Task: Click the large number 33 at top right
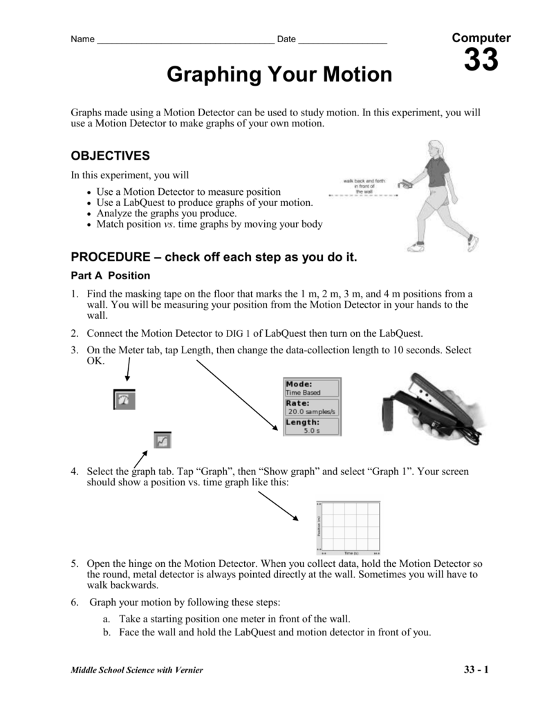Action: (481, 61)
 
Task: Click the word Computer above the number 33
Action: (481, 38)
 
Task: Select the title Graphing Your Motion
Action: (279, 75)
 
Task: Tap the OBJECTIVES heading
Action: (111, 156)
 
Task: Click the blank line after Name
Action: (185, 40)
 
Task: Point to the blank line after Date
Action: (342, 40)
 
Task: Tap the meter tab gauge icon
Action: (124, 400)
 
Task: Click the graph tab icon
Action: (163, 440)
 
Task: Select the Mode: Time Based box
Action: (312, 388)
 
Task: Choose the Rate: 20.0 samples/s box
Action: (312, 407)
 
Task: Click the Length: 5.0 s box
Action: (312, 426)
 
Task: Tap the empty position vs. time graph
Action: (349, 528)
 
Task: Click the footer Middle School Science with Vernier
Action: (137, 671)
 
